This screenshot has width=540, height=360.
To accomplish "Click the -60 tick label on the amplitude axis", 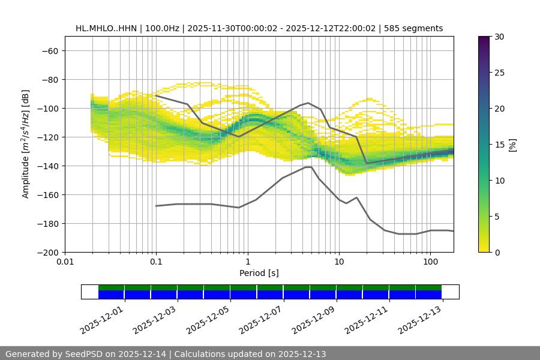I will coord(50,50).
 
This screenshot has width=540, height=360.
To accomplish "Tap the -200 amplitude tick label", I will coord(47,252).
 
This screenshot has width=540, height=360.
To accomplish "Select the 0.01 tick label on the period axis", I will coord(65,262).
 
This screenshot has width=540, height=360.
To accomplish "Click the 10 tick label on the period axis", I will coord(339,262).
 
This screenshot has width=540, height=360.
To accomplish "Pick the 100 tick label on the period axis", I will coord(430,262).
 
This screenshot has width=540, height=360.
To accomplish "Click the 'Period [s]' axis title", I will coord(259,273).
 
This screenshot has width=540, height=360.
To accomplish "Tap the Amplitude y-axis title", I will coord(26,144).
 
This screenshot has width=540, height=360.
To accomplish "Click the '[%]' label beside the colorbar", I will coord(513,144).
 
